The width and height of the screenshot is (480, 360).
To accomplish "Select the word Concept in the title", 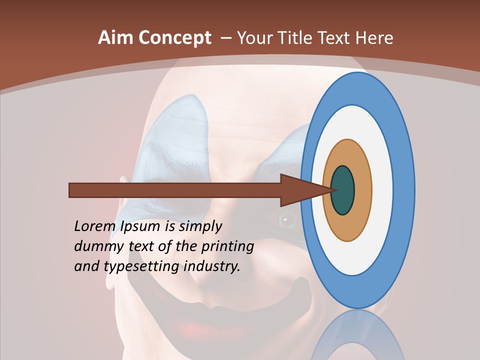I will pyautogui.click(x=173, y=38).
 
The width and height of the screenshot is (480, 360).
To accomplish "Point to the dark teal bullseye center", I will pyautogui.click(x=343, y=190).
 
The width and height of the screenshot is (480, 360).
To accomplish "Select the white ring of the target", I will pyautogui.click(x=382, y=190).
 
